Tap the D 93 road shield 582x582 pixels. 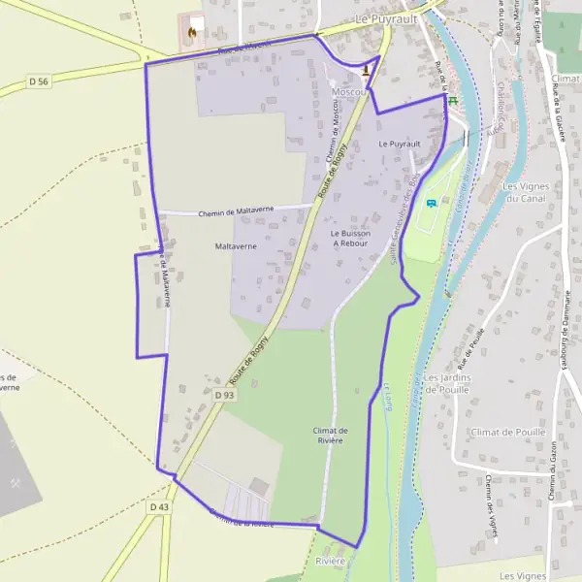point(224,396)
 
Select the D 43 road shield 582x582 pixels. point(160,506)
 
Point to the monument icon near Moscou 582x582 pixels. point(366,69)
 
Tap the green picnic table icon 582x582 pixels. point(452,99)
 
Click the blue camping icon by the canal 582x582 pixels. point(432,204)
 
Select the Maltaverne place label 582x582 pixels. point(235,247)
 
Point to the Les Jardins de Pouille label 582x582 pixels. point(447,382)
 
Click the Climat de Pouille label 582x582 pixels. point(505,431)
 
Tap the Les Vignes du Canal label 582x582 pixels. point(525,192)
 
